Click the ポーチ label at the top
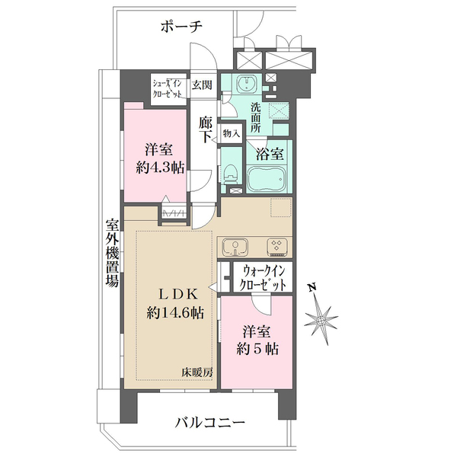point(181,27)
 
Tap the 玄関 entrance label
point(201,85)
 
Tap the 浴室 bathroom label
point(269,153)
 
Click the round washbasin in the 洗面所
point(246,85)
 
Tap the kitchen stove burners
point(275,246)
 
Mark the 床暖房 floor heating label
point(197,372)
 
